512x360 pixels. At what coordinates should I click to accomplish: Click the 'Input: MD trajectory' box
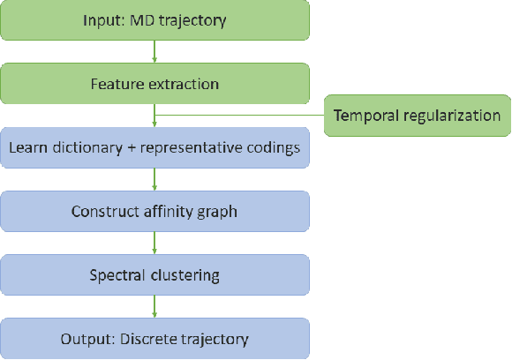tap(154, 20)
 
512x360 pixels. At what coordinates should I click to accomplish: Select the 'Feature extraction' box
tap(154, 85)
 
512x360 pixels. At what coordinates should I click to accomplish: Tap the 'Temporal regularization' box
tap(417, 116)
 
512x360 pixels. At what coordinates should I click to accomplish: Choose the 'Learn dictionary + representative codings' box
tap(154, 147)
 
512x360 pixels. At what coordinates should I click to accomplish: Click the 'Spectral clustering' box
tap(154, 274)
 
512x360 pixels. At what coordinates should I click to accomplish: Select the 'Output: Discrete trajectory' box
tap(154, 338)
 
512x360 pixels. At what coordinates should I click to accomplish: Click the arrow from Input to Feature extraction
tap(154, 52)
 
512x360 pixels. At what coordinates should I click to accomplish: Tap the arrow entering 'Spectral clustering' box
tap(154, 243)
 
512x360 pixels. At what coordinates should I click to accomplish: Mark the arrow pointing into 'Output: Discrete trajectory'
tap(154, 306)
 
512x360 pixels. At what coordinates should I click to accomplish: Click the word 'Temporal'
tap(365, 116)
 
